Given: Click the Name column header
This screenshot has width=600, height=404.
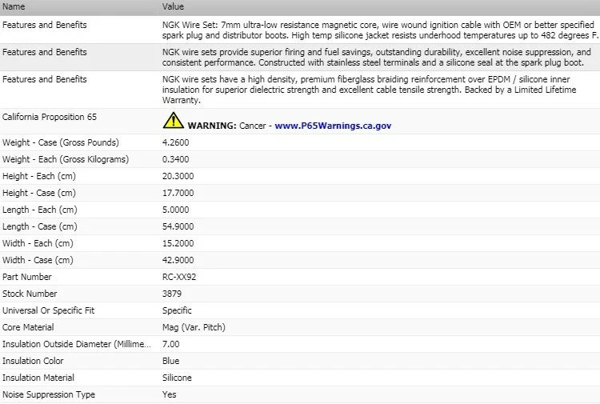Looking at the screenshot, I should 14,6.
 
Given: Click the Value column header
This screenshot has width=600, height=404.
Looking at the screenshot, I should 174,6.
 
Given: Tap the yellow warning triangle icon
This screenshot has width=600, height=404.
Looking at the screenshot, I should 173,122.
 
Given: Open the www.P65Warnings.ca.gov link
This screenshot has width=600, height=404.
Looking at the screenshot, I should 333,126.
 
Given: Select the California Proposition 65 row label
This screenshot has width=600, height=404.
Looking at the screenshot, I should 54,117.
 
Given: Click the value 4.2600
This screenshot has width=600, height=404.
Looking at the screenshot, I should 176,142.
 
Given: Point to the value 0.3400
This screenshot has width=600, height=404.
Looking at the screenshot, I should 176,159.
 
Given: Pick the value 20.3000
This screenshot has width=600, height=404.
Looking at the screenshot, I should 178,176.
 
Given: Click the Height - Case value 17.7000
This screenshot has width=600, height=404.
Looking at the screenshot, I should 178,193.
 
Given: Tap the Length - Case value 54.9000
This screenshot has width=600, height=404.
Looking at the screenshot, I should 178,226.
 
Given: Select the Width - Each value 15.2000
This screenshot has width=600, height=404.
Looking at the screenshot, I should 178,243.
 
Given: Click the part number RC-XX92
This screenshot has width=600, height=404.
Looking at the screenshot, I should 179,277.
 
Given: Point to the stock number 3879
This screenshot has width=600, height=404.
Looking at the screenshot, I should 172,294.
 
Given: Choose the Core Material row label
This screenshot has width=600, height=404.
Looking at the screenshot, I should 28,327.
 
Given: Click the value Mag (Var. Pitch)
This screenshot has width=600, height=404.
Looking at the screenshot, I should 193,327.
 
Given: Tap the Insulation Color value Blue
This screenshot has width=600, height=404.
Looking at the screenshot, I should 170,361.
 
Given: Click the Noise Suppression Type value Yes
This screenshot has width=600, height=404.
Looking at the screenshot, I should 169,394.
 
